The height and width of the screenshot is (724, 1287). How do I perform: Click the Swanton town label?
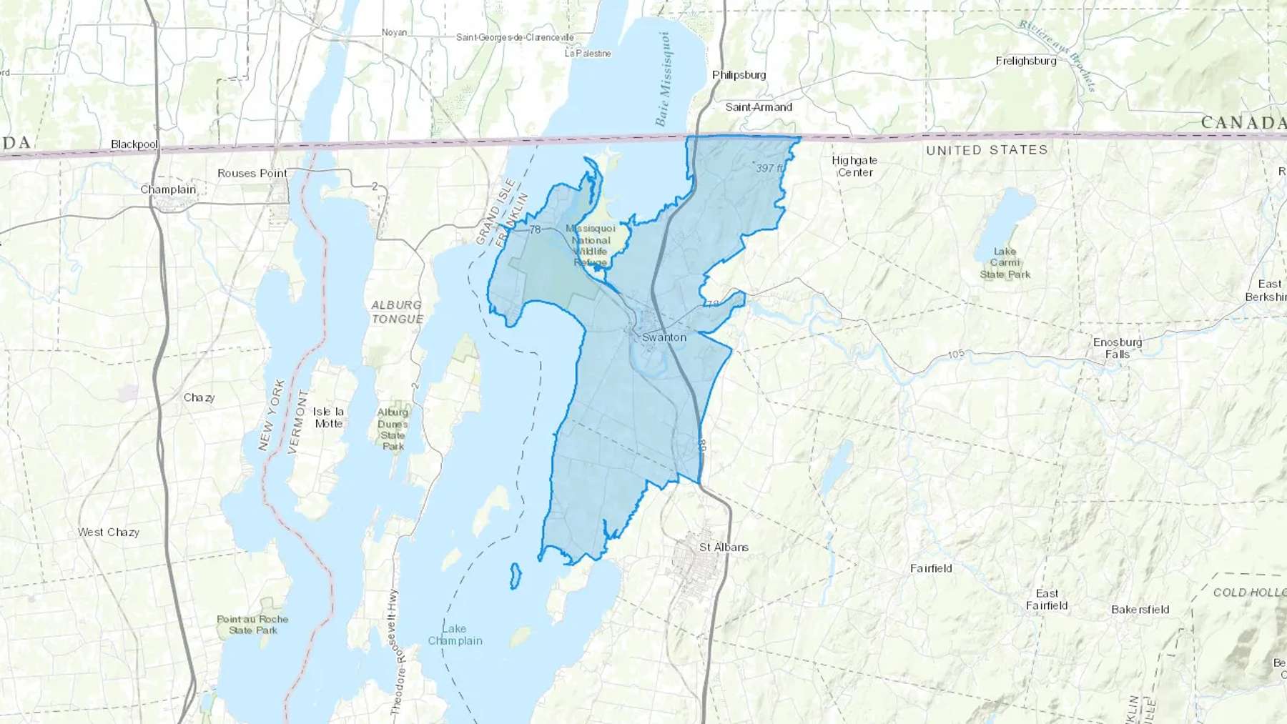(664, 337)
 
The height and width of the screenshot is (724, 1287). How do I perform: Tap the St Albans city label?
(724, 547)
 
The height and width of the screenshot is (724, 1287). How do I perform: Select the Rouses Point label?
(252, 173)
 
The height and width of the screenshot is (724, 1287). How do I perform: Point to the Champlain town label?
(168, 189)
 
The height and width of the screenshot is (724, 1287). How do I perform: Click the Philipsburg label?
(739, 75)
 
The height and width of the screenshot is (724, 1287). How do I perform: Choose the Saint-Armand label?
(759, 107)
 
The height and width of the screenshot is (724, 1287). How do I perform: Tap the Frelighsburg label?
(1025, 61)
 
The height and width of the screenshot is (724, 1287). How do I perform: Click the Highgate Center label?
(854, 166)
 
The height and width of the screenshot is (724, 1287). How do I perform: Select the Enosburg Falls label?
(1117, 348)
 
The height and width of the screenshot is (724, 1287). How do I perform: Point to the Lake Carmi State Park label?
(1005, 262)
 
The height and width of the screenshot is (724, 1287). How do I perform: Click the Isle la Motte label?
(328, 417)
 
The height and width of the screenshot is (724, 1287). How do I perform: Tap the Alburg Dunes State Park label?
(393, 429)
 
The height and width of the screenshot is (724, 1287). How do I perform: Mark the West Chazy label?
(109, 532)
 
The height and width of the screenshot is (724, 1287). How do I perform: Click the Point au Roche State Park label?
(252, 625)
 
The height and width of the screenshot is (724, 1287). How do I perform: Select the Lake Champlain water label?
(455, 635)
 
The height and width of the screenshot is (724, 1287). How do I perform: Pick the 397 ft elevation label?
(770, 168)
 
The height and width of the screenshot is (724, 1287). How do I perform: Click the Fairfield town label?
(931, 568)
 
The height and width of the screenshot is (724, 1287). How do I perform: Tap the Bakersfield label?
(1140, 610)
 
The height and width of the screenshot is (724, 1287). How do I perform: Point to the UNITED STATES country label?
(987, 150)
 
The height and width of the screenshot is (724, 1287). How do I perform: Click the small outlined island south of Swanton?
(515, 576)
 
